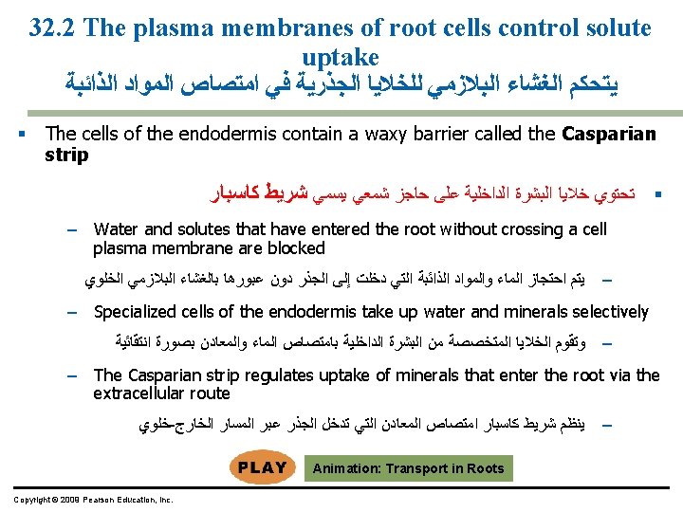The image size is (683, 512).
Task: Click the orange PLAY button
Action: tap(262, 467)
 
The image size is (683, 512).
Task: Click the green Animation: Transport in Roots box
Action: tap(408, 468)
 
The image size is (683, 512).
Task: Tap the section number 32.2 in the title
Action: tap(51, 28)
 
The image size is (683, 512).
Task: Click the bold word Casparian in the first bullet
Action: tap(609, 134)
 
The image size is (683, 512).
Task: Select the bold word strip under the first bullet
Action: tap(66, 154)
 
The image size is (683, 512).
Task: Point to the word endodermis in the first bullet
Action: tap(217, 134)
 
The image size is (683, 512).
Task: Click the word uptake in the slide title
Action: tap(341, 57)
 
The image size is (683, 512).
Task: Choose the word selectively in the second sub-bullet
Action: tap(600, 312)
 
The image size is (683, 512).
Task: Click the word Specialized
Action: tap(134, 312)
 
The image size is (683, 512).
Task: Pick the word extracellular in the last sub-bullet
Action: tap(136, 393)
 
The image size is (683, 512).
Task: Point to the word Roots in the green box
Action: tap(486, 468)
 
